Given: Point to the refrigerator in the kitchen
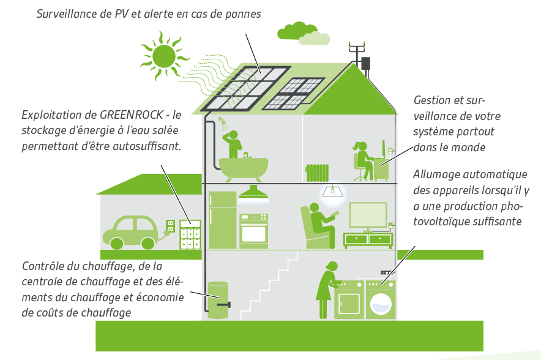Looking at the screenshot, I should [222, 219].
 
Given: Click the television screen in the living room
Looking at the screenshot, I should [367, 214].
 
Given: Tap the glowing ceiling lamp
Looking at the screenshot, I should [331, 192].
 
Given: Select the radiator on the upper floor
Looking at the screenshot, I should [318, 172].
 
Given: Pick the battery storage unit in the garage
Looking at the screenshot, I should [190, 234].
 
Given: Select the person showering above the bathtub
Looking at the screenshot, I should [234, 143].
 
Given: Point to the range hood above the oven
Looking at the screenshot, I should [253, 194].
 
